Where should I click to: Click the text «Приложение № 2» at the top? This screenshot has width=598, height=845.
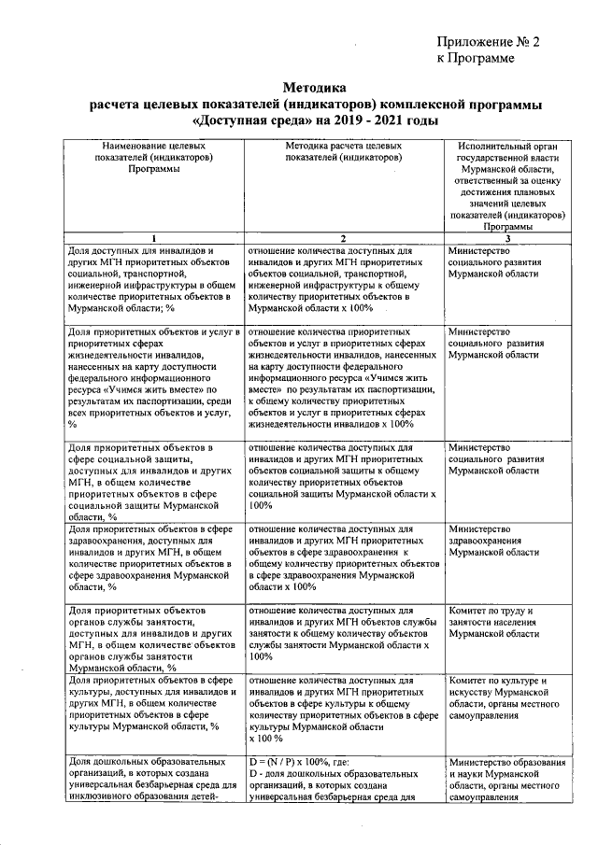(x=489, y=41)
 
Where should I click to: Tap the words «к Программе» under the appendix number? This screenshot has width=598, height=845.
(x=476, y=59)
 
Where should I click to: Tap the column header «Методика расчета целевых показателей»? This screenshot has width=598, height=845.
(x=344, y=152)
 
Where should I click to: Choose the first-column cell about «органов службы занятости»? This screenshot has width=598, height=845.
(x=155, y=640)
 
